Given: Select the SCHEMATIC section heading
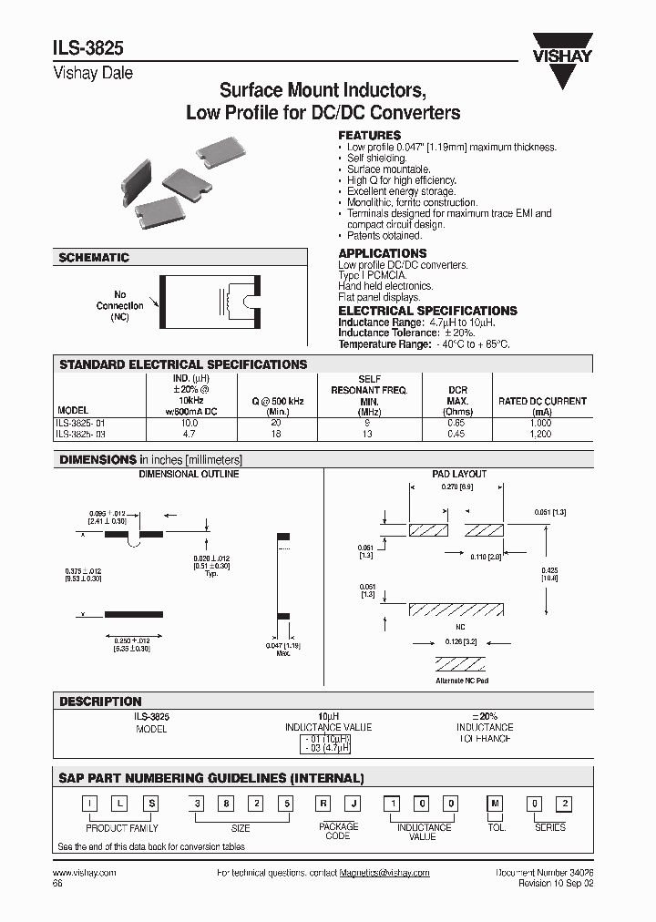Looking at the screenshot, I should coord(94,258).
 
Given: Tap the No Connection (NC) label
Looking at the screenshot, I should coord(119,306).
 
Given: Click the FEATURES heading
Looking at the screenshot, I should coord(370,135).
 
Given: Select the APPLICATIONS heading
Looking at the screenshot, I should coord(383,253).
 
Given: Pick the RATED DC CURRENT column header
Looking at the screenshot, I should coord(542,401).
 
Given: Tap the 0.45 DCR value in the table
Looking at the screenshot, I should coord(456,435).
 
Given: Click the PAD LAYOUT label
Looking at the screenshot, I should coord(459,474).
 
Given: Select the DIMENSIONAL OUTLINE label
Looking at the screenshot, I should coord(189,474).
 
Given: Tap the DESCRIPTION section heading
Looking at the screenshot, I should coord(100,702).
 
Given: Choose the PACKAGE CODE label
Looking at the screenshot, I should coord(337,831).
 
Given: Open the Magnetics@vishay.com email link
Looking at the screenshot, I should coord(384,872).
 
